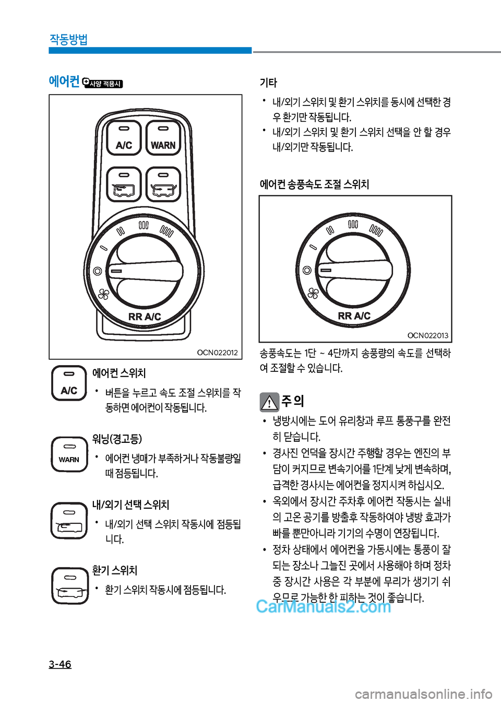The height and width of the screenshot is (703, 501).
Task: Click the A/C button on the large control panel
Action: (124, 138)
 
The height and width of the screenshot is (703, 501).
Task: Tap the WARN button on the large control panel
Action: (163, 138)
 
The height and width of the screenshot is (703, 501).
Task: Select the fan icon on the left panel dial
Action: (103, 294)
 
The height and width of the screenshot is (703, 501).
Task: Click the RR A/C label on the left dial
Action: (145, 317)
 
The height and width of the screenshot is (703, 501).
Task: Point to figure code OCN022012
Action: (217, 353)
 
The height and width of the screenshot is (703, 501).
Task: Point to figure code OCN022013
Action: (427, 335)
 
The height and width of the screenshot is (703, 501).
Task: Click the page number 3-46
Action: (60, 664)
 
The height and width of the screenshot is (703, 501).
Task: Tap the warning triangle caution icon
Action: (269, 402)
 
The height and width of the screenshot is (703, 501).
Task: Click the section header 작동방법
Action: (68, 40)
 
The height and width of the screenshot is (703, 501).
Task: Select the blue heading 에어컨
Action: (64, 81)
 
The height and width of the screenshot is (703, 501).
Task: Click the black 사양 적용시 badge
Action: (102, 83)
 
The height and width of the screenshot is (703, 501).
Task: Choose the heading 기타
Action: (268, 83)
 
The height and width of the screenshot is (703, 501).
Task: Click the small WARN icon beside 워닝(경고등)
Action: (69, 454)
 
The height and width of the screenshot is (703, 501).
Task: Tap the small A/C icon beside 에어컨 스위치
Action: (69, 383)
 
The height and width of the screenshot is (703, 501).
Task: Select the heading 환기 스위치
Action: (115, 570)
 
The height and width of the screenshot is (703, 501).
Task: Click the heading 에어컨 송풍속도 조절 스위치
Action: (314, 184)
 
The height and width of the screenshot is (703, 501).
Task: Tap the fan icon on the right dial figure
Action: (313, 294)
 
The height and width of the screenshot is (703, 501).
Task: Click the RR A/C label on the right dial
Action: (354, 315)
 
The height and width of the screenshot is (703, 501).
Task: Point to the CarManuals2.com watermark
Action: (324, 606)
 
